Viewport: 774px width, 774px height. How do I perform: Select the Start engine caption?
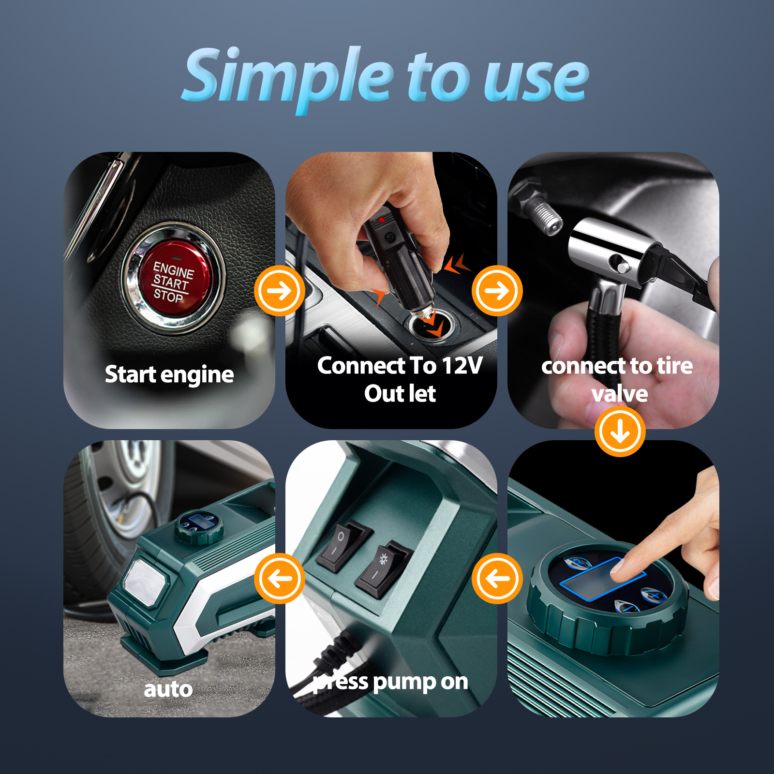(169, 374)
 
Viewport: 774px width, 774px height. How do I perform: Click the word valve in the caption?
(620, 394)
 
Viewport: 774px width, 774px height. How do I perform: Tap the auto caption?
(168, 689)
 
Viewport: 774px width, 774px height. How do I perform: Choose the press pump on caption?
(390, 682)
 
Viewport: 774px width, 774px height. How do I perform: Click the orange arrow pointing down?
(620, 432)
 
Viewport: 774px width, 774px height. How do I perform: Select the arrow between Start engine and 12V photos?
(280, 291)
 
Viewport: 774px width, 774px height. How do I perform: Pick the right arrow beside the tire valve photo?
(497, 291)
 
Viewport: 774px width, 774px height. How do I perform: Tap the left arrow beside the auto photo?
(280, 579)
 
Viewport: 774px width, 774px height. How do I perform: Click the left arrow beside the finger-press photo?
(497, 579)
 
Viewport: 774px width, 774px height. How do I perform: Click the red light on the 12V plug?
(382, 220)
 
